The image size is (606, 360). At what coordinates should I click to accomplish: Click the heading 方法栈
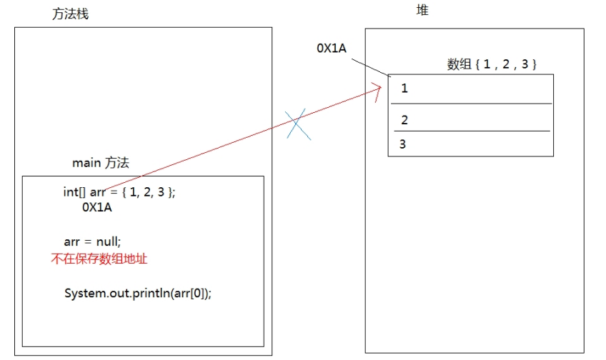tap(71, 14)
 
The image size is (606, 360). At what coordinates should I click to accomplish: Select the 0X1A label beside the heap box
tap(332, 48)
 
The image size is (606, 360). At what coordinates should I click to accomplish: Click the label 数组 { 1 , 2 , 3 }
tap(492, 64)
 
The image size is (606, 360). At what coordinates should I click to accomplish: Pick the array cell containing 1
tap(471, 89)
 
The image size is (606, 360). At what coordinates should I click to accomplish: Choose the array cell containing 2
tap(471, 119)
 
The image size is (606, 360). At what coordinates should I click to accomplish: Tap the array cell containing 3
tap(471, 144)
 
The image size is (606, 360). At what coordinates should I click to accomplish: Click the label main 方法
tap(101, 163)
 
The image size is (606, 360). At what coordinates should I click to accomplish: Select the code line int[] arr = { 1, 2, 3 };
tap(119, 191)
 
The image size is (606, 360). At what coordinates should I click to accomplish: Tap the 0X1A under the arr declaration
tap(97, 208)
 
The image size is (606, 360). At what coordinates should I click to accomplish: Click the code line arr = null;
tap(93, 241)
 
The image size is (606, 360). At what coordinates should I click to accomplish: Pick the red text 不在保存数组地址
tap(99, 259)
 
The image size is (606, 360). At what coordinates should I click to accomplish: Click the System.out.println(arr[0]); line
tap(138, 294)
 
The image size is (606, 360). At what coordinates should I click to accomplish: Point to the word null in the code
tap(108, 241)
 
